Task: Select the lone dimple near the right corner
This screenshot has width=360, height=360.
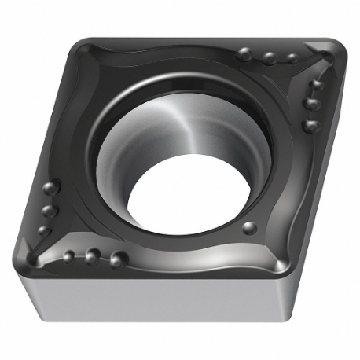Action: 249,228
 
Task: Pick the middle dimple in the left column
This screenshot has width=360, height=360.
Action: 49,211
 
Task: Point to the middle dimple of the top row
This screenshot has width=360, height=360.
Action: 269,57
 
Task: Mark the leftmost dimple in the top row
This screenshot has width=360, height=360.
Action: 244,53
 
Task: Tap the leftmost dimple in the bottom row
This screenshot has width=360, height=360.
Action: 68,255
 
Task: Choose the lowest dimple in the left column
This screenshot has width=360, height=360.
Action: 44,232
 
